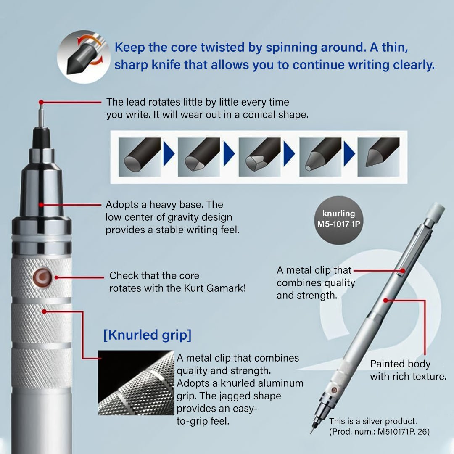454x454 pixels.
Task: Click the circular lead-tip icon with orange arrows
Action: pyautogui.click(x=84, y=57)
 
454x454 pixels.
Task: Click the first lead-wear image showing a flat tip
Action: pyautogui.click(x=140, y=157)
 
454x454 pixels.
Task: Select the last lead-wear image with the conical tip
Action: pyautogui.click(x=378, y=157)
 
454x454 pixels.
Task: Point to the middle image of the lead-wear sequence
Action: pyautogui.click(x=259, y=157)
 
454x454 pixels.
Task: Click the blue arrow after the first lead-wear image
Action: pyautogui.click(x=169, y=153)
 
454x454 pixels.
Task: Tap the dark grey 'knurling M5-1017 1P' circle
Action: pyautogui.click(x=338, y=220)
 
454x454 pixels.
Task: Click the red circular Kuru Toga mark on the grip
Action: pyautogui.click(x=42, y=277)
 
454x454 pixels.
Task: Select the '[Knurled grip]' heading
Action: pyautogui.click(x=148, y=335)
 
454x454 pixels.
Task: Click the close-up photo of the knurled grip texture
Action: pyautogui.click(x=136, y=383)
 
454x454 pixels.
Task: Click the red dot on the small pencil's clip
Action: pyautogui.click(x=402, y=271)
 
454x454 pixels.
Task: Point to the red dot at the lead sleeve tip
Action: pyautogui.click(x=41, y=102)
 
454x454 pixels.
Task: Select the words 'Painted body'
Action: pyautogui.click(x=400, y=364)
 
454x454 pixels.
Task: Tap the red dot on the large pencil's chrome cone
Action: pyautogui.click(x=41, y=205)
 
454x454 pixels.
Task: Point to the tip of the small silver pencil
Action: pyautogui.click(x=311, y=433)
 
